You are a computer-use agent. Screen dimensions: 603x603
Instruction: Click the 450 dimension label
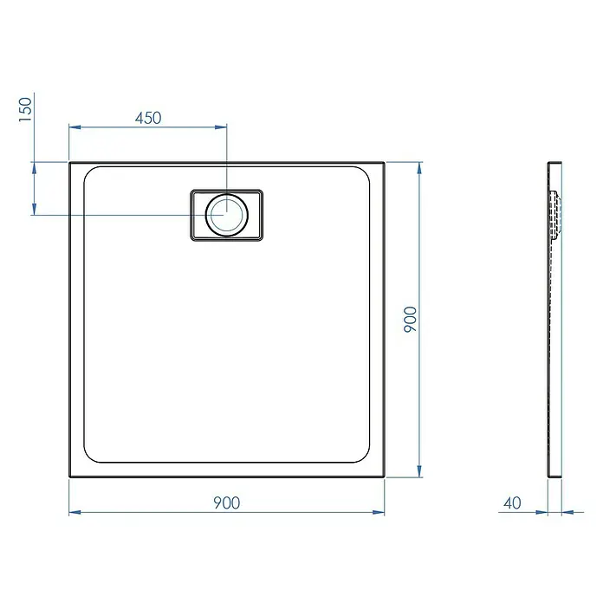click(148, 118)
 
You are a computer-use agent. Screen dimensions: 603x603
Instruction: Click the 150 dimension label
click(25, 110)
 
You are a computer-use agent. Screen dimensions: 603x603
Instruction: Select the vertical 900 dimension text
click(410, 319)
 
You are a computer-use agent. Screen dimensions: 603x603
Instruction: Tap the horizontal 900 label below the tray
click(226, 502)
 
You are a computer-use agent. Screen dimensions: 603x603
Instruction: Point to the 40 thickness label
click(512, 502)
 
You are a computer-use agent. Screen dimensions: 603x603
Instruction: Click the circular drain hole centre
click(226, 215)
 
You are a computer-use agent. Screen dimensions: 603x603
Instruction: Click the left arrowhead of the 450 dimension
click(75, 126)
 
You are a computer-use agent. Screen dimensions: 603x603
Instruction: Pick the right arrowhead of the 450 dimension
click(221, 126)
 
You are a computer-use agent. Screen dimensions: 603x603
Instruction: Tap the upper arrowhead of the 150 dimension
click(35, 168)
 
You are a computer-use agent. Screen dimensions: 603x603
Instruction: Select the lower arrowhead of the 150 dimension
click(35, 209)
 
